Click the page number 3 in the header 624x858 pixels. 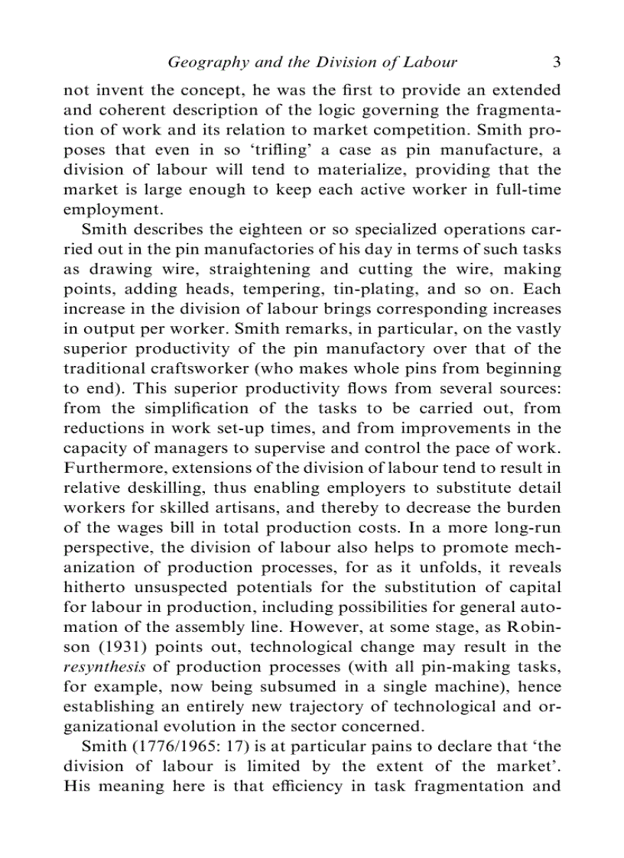(557, 63)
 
